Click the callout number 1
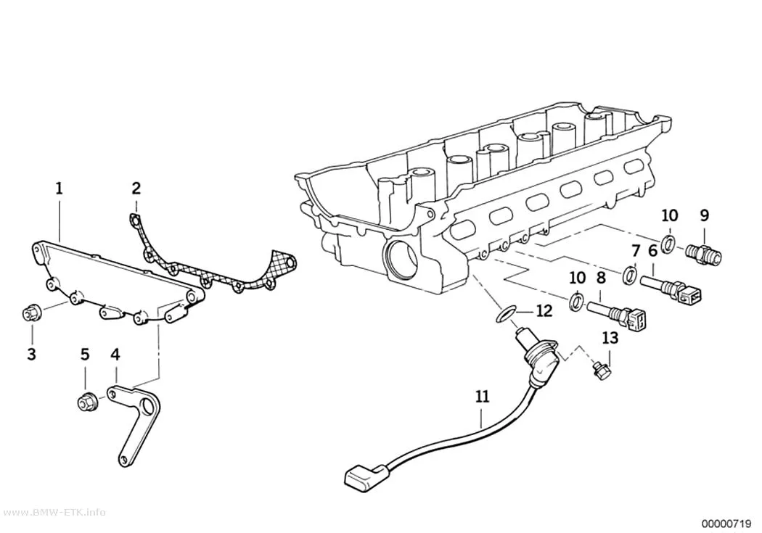tap(60, 189)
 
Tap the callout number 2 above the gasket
tap(136, 189)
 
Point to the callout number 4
tap(115, 355)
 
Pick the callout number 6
tap(652, 251)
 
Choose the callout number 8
tap(601, 278)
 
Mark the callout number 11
tap(482, 397)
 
